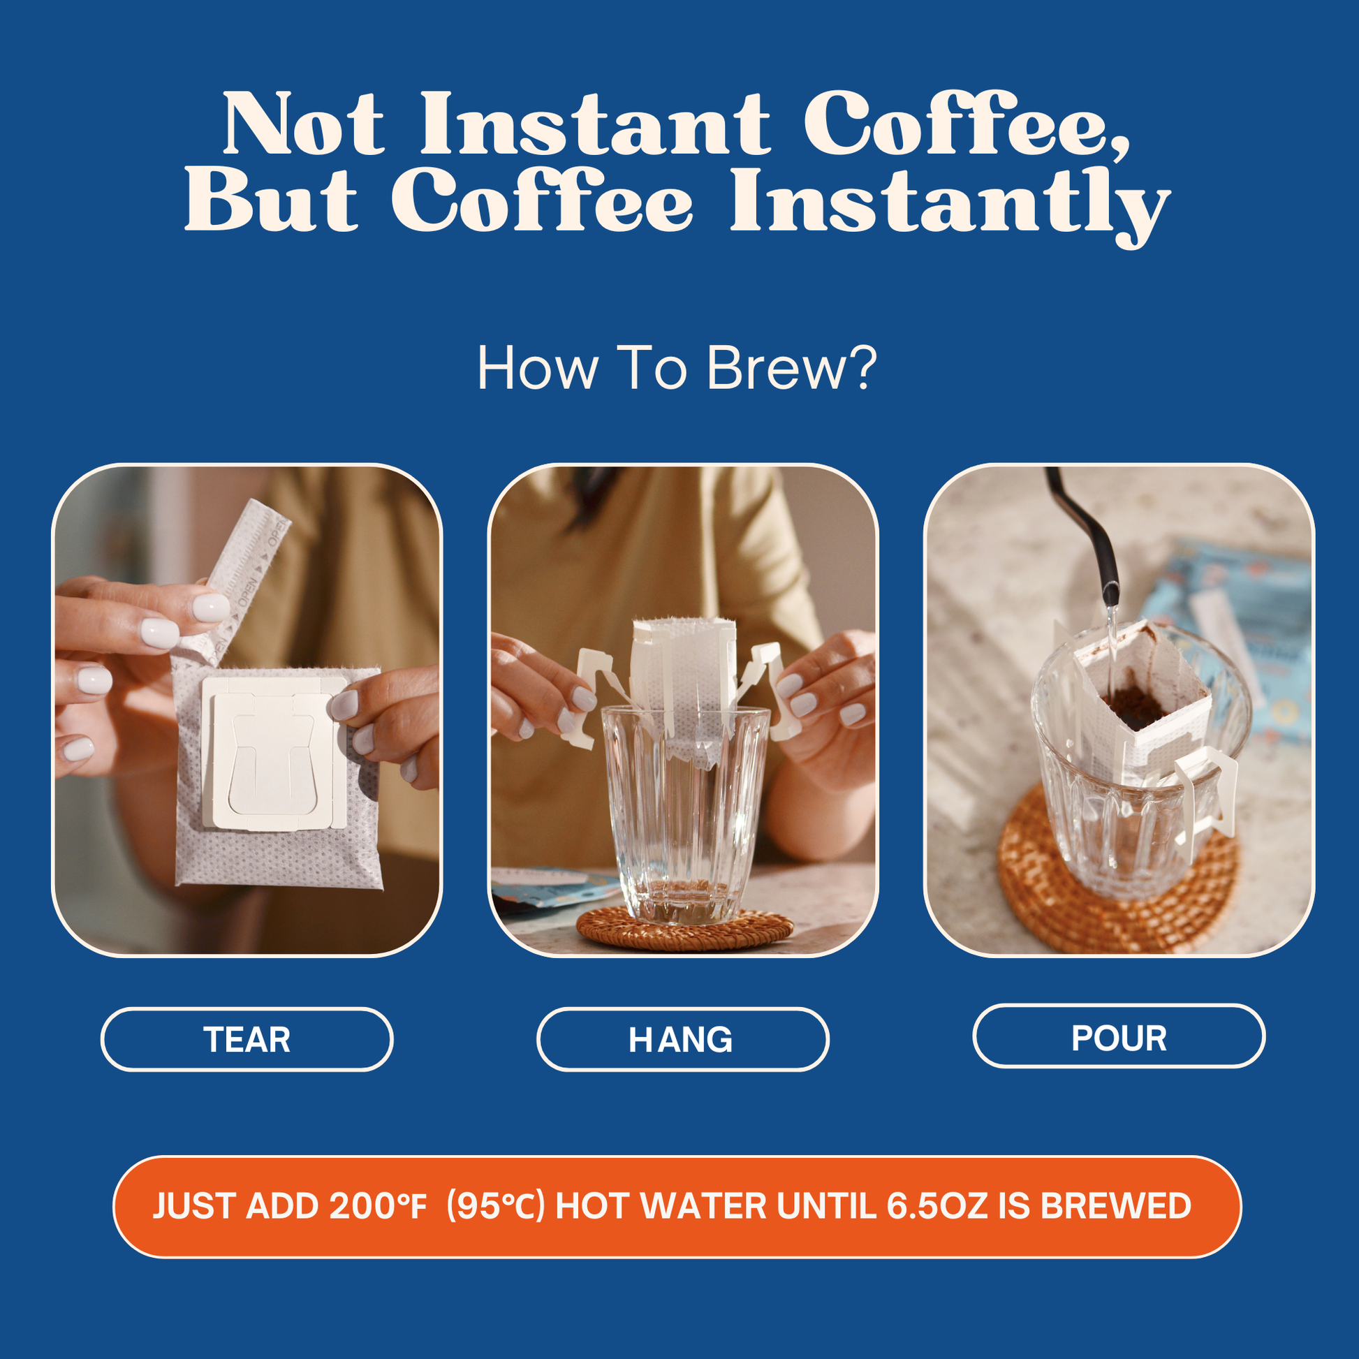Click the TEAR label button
click(247, 1039)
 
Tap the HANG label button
click(682, 1039)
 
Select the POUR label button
click(1119, 1036)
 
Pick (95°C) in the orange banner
click(496, 1206)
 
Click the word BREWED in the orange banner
click(1115, 1205)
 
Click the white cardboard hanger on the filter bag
click(274, 753)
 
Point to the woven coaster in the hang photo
click(683, 930)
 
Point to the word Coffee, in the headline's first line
click(967, 124)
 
